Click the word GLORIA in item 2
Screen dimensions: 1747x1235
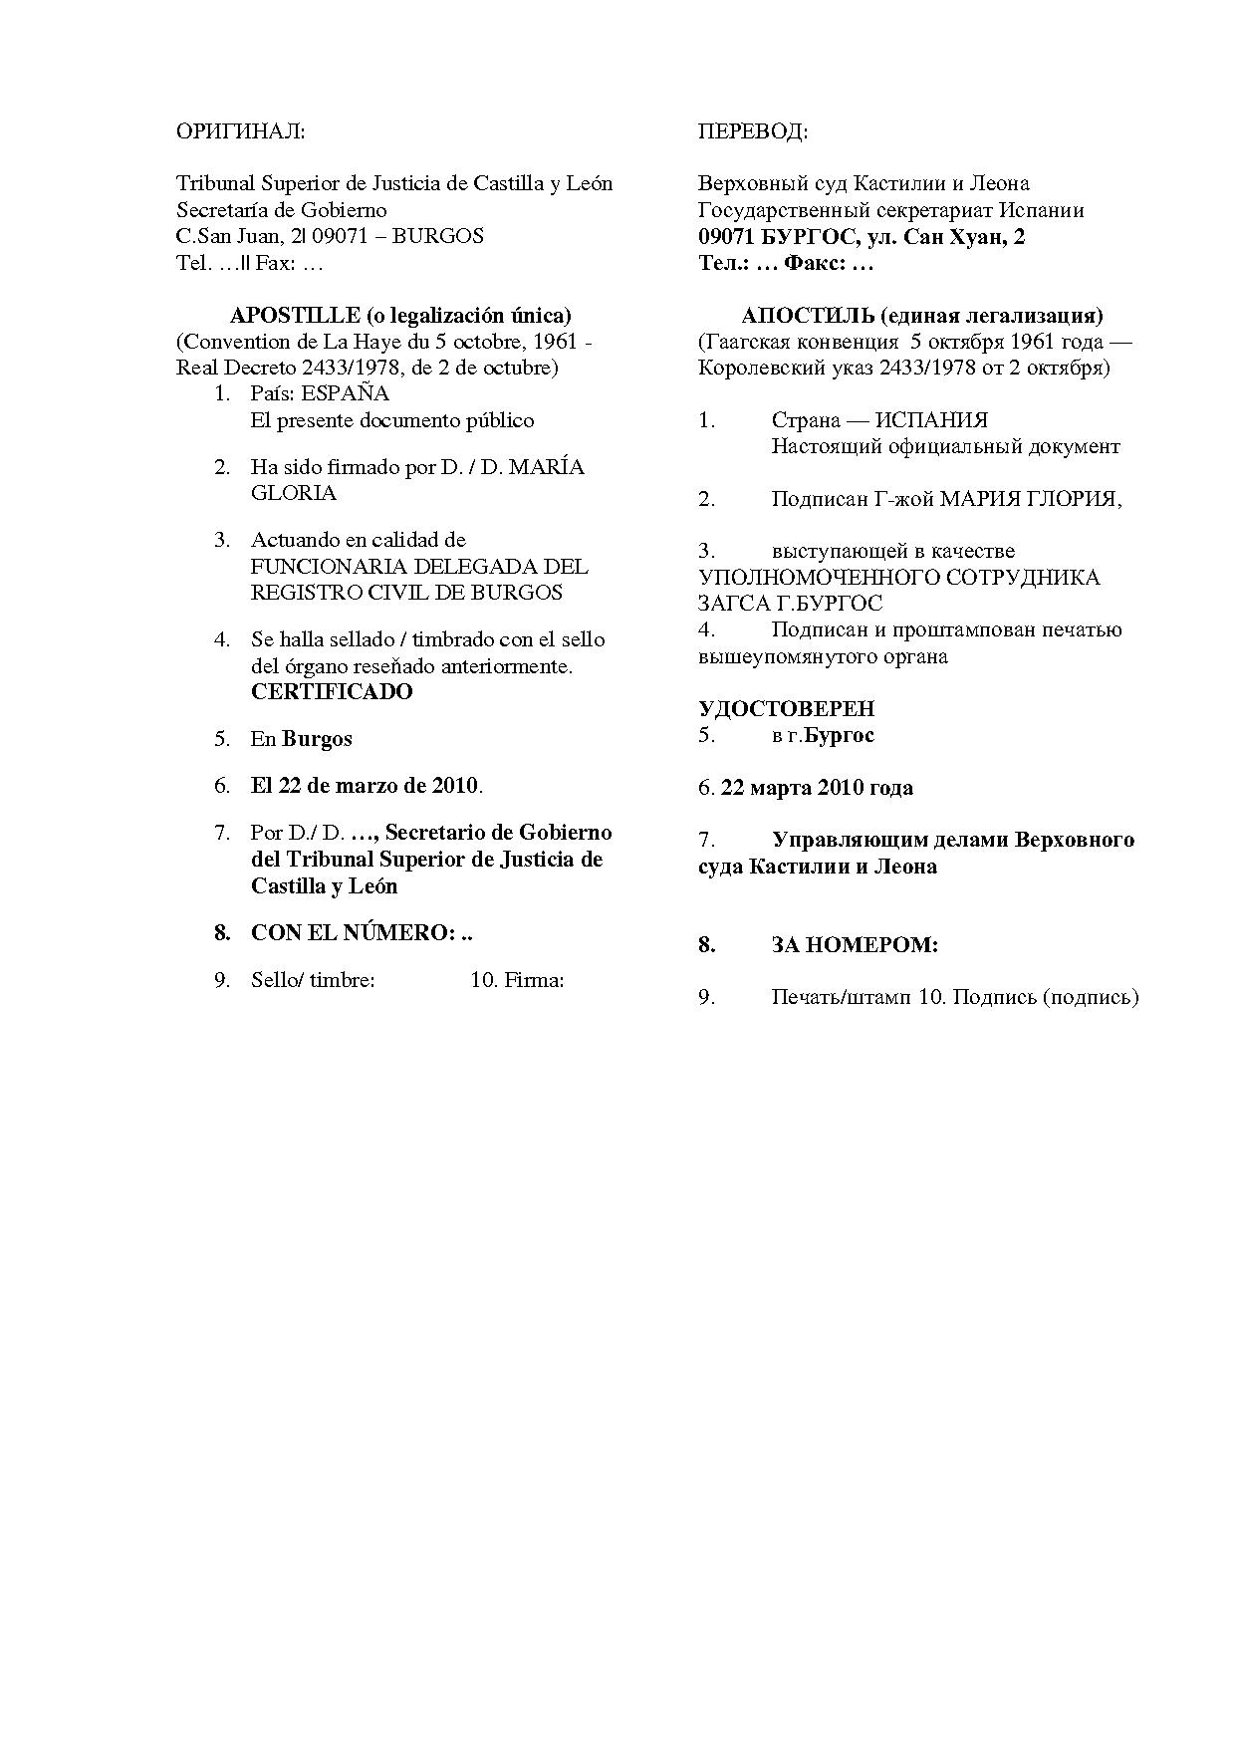[x=294, y=493]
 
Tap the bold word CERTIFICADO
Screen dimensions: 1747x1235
[x=332, y=692]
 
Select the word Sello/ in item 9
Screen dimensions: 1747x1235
[x=277, y=980]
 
